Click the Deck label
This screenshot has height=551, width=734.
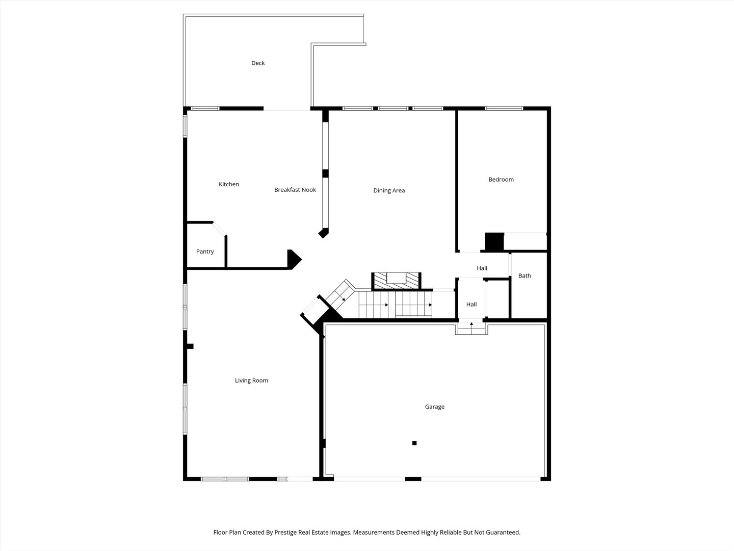point(258,63)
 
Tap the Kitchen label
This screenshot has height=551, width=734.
point(229,184)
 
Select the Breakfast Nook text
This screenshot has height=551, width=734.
point(295,190)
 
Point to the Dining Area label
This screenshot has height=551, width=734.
point(389,191)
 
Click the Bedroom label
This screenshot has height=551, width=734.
point(501,180)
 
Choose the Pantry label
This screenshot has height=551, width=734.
point(205,252)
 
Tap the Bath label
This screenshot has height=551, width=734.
point(525,276)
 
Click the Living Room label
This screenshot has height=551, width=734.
point(251,381)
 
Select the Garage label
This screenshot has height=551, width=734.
point(434,407)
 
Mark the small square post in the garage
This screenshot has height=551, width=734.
point(414,443)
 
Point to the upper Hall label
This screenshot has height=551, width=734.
point(482,268)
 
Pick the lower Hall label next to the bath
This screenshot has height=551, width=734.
point(471,305)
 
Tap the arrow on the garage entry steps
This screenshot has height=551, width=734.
point(471,324)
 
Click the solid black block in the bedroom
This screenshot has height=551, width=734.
point(494,242)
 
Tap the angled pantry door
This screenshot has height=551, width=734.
point(220,229)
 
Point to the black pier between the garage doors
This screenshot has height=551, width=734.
point(413,479)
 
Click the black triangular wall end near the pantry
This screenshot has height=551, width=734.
point(294,259)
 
